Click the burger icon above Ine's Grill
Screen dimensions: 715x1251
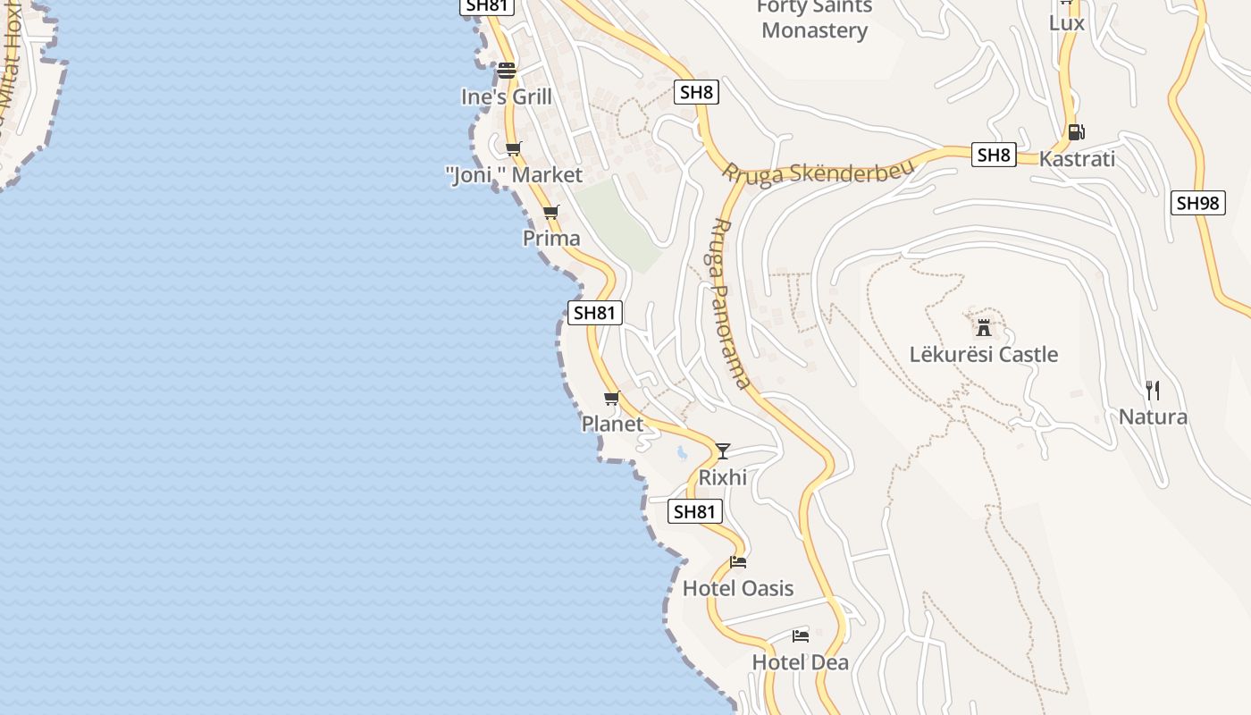coord(507,70)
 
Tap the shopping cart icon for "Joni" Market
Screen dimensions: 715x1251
coord(513,148)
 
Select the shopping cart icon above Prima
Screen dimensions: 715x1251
coord(551,213)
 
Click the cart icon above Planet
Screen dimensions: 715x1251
coord(612,398)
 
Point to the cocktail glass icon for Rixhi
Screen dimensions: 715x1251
coord(723,450)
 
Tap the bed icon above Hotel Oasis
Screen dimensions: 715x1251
coord(738,562)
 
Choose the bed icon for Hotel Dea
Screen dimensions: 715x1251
coord(801,636)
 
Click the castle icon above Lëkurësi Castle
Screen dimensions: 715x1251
coord(984,327)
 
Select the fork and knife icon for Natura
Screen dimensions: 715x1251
coord(1153,391)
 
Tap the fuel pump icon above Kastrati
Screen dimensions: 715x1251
coord(1076,132)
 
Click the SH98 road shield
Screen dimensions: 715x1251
coord(1197,203)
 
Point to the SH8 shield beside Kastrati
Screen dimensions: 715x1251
coord(994,155)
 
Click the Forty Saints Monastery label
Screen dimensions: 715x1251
coord(814,20)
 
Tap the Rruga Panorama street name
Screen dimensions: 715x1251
coord(730,304)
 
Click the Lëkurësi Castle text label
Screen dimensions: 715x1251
coord(984,355)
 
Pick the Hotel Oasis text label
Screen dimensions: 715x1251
coord(738,588)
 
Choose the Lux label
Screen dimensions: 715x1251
coord(1066,22)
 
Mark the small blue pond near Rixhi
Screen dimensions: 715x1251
coord(682,453)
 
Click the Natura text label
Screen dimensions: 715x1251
coord(1153,416)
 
